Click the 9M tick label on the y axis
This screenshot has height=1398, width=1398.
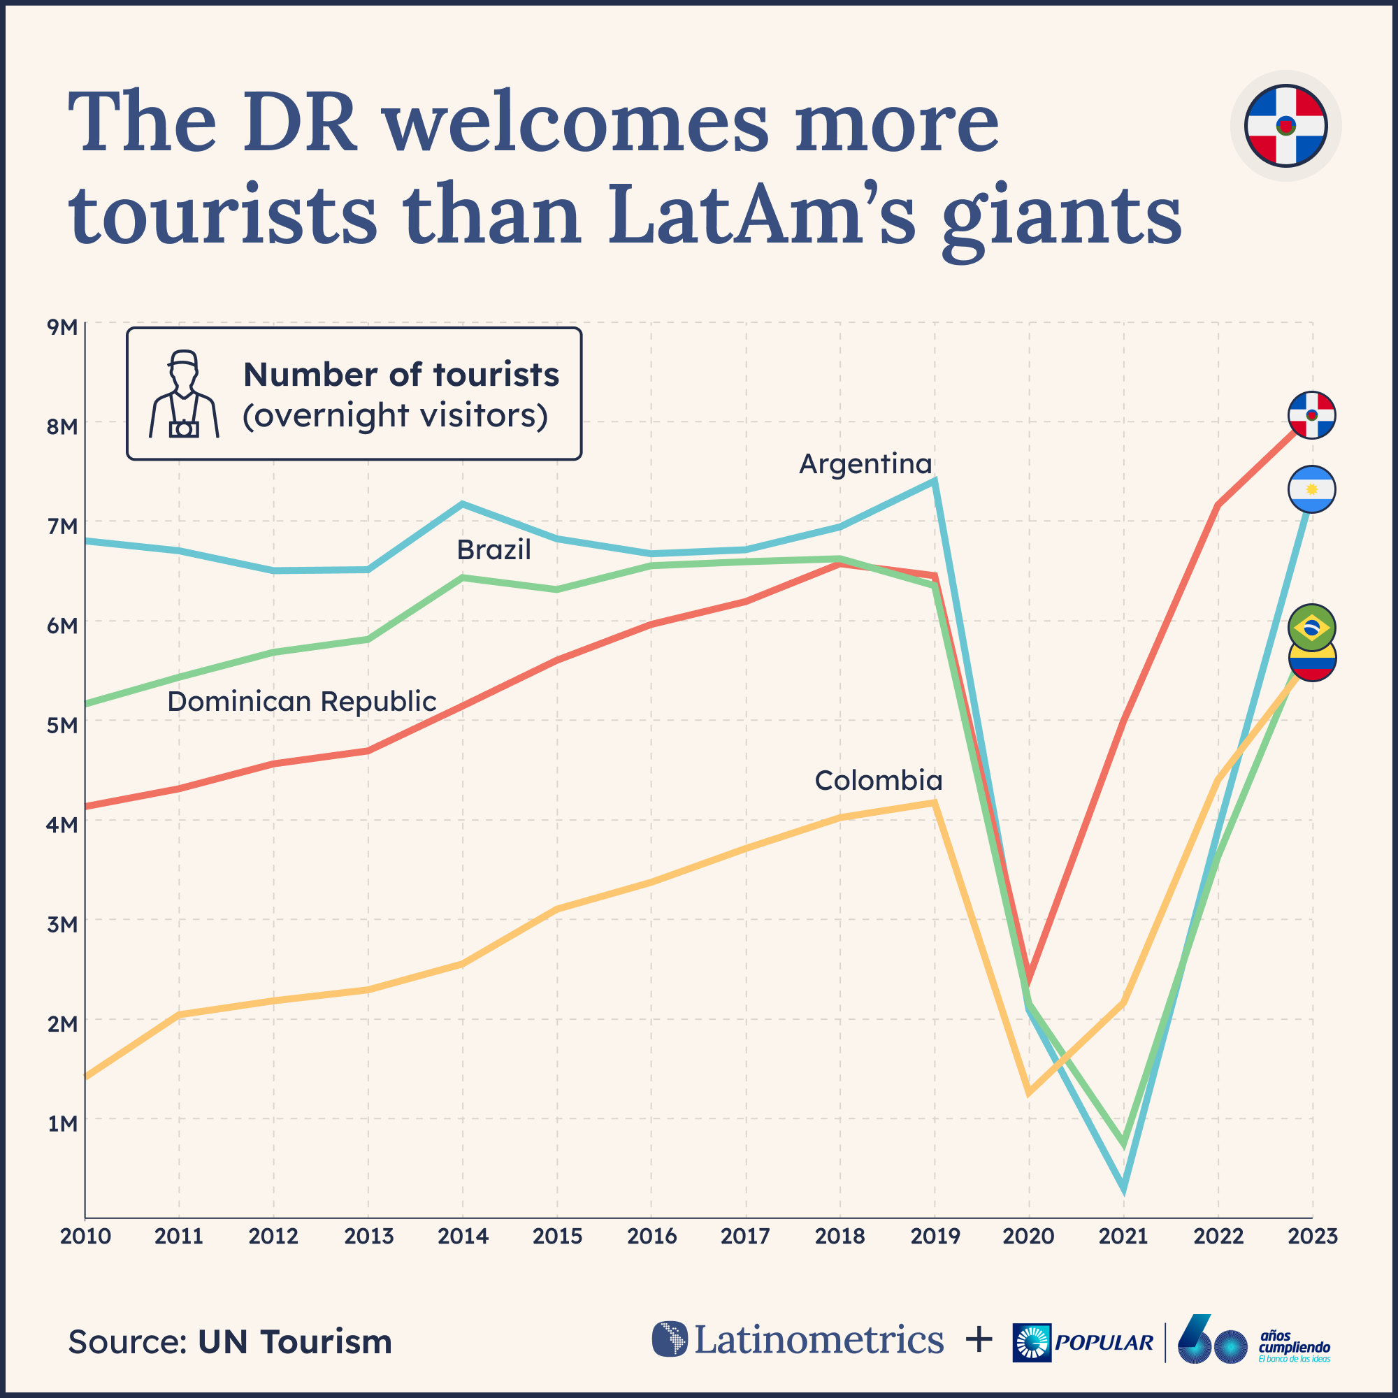62,327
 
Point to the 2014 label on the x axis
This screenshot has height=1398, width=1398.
462,1236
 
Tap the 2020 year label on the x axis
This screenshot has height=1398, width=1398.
1028,1236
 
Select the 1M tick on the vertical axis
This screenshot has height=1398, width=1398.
62,1123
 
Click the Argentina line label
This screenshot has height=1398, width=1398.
865,464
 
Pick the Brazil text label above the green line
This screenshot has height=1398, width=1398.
493,550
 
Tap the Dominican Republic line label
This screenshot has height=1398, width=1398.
302,701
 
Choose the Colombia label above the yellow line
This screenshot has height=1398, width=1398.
879,780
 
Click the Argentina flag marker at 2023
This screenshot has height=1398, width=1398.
1311,489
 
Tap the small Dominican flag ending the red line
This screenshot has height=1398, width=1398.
1311,415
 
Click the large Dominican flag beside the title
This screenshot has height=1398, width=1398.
1285,125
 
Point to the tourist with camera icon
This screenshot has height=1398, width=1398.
184,394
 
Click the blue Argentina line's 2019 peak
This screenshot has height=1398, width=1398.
935,480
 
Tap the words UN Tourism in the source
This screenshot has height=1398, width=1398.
294,1341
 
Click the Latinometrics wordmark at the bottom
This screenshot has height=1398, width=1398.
819,1339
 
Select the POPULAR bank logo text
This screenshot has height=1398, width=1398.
1104,1342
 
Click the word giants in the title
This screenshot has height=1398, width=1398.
1062,215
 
